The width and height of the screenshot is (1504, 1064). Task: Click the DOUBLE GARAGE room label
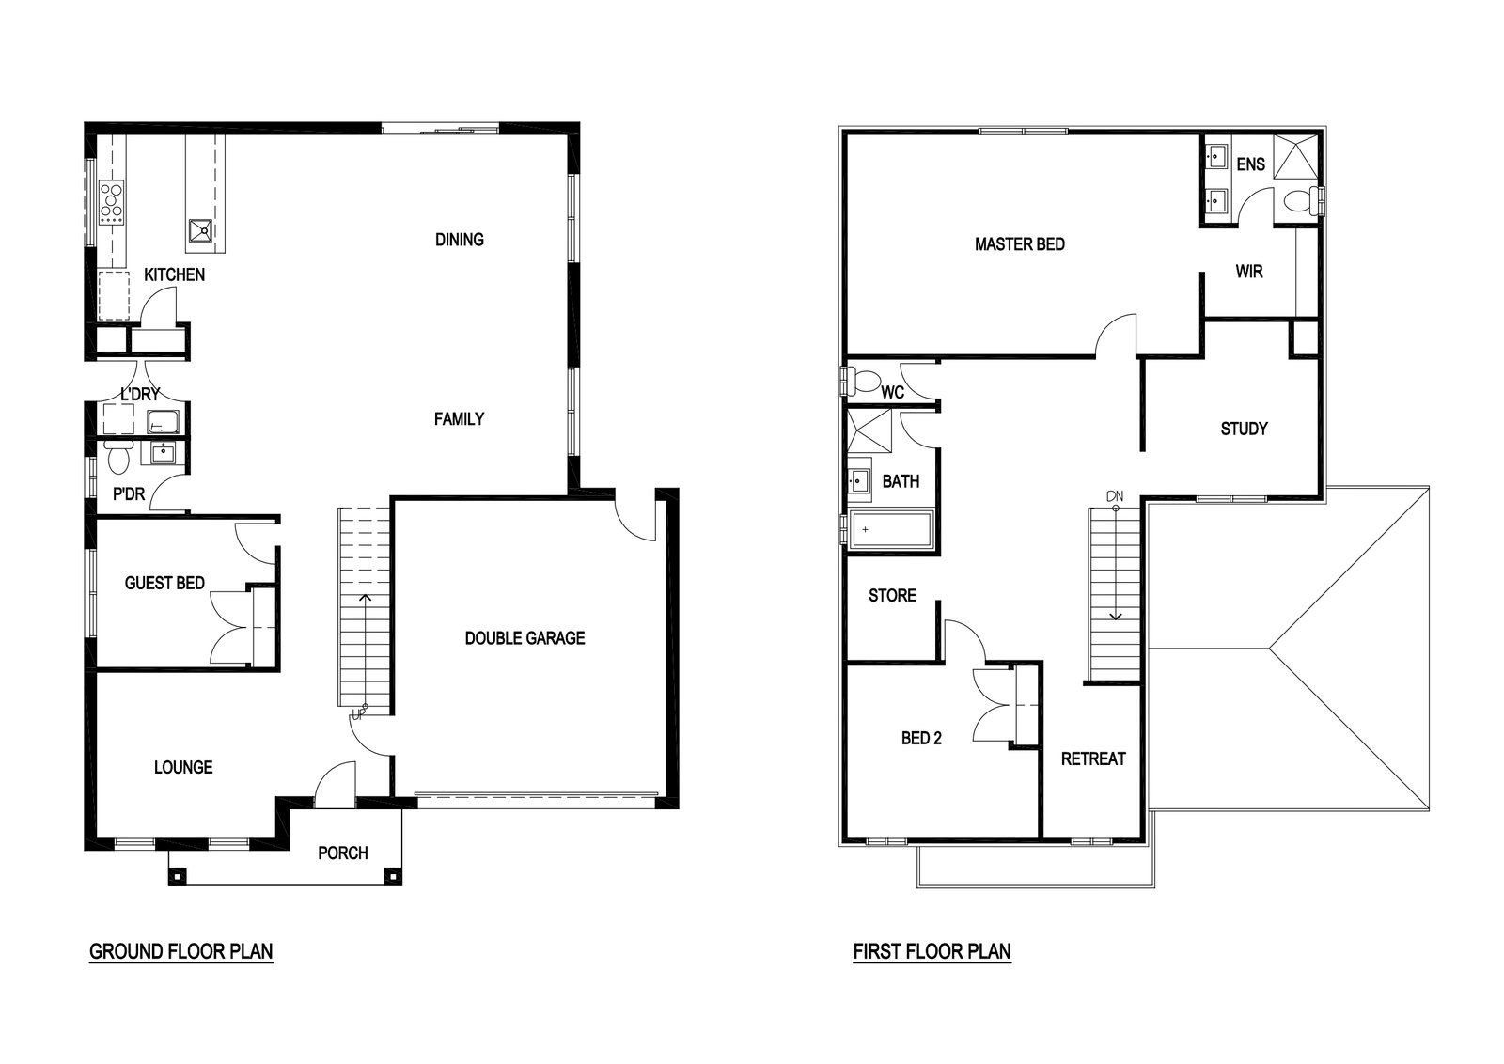pos(525,637)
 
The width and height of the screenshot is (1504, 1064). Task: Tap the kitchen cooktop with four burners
pos(112,202)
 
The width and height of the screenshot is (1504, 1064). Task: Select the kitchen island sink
pos(200,231)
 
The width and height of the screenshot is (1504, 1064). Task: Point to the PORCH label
pos(343,853)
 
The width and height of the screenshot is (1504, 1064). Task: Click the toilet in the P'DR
pos(118,457)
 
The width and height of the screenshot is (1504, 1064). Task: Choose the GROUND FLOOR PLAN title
pos(181,951)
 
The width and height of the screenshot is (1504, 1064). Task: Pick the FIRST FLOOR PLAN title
pos(932,951)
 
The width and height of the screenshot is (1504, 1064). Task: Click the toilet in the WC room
pos(864,382)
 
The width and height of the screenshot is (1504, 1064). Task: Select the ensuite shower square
pos(1296,156)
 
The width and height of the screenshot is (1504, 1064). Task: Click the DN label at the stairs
pos(1115,497)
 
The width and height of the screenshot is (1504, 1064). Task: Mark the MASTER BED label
pos(1019,244)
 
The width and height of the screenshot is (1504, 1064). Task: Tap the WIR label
pos(1249,272)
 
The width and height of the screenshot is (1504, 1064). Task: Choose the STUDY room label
pos(1245,429)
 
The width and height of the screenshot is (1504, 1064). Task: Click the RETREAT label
pos(1093,759)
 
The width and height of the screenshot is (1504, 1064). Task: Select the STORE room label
pos(892,595)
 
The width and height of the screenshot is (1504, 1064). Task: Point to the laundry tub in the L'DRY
pos(163,422)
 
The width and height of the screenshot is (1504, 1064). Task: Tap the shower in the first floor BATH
pos(869,430)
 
